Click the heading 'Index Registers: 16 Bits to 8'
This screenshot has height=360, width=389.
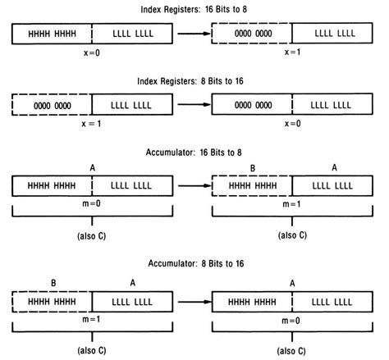point(194,8)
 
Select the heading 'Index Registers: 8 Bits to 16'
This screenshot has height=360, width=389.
point(194,82)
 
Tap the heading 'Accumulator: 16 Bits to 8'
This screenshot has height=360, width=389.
point(194,153)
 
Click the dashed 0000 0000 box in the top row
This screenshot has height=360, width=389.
point(252,34)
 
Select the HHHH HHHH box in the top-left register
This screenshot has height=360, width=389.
point(51,34)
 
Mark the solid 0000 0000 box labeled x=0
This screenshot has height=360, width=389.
point(252,106)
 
